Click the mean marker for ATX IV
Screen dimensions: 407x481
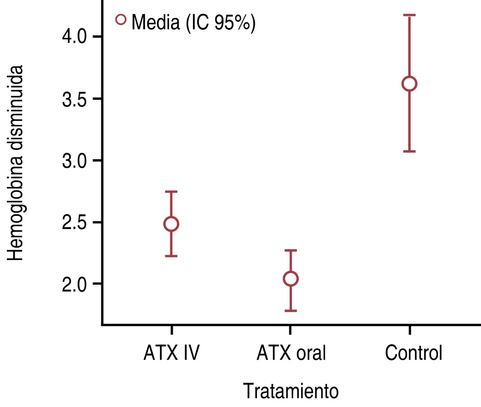click(x=171, y=224)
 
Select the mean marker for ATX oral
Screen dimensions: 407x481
click(x=291, y=279)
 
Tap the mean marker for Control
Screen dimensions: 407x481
click(x=409, y=84)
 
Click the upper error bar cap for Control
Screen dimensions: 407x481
click(x=409, y=15)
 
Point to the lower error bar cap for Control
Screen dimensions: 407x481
click(x=409, y=151)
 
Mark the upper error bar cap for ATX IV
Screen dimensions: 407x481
click(x=171, y=192)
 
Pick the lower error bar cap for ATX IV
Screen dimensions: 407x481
click(x=171, y=256)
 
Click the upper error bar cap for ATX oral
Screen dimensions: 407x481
click(x=291, y=250)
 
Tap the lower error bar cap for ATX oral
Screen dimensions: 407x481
click(x=291, y=310)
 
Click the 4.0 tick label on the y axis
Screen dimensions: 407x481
click(x=74, y=37)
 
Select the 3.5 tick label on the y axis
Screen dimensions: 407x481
click(x=74, y=99)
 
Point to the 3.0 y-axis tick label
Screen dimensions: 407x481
click(x=74, y=161)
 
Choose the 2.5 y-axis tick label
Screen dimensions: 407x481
click(x=74, y=223)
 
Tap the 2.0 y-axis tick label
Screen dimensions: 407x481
click(x=74, y=284)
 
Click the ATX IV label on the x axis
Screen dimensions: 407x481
click(x=171, y=353)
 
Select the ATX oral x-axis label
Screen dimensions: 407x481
click(x=291, y=353)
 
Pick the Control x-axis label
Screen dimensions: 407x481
click(x=413, y=353)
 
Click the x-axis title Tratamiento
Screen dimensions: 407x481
click(x=291, y=391)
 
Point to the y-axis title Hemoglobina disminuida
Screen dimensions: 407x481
click(x=16, y=163)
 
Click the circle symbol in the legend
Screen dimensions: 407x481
click(x=121, y=19)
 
